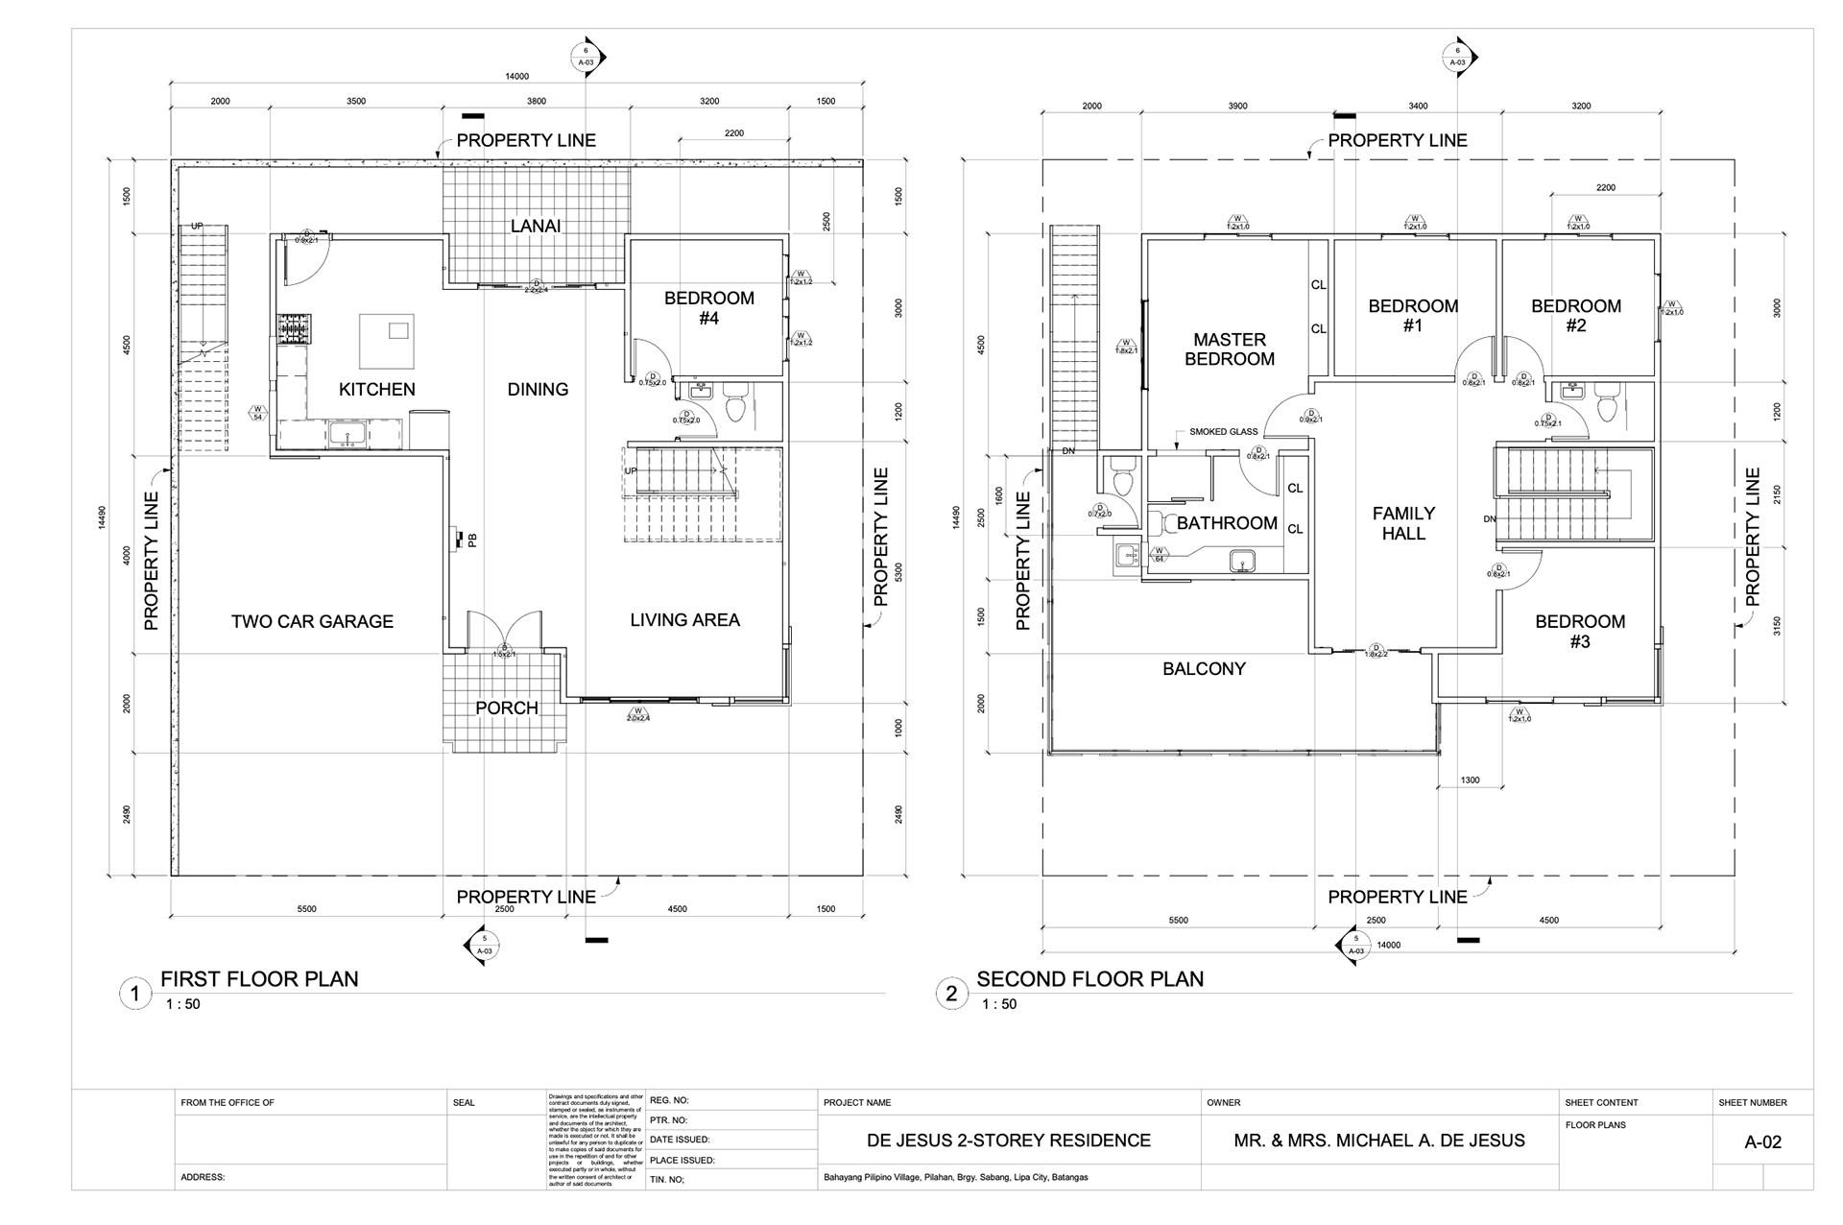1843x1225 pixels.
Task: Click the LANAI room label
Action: pos(536,227)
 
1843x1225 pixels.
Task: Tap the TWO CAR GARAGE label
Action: pos(312,622)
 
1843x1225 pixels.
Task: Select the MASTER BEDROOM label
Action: pos(1230,349)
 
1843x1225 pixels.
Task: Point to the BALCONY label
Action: pos(1204,669)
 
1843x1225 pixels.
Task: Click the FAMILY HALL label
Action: pos(1403,523)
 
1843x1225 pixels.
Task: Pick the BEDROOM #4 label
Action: pos(709,308)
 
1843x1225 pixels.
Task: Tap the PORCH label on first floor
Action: pos(507,709)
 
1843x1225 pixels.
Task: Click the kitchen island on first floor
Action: pos(387,341)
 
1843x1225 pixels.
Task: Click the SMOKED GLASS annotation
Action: pos(1223,432)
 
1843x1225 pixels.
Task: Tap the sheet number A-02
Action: pos(1762,1142)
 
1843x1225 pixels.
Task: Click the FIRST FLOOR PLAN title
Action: pos(259,979)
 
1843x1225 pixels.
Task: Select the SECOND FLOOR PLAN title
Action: pos(1089,979)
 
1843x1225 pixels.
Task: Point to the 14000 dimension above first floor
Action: pos(516,77)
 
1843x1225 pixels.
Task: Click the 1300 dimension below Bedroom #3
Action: pos(1470,781)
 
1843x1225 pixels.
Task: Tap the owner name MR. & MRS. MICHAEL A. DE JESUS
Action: pos(1378,1141)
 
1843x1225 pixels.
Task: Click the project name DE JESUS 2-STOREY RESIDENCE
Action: pos(1008,1141)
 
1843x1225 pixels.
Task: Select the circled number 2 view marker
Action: pos(950,994)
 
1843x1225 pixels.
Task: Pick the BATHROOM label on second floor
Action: pos(1227,523)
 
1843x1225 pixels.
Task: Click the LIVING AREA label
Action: pos(684,620)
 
